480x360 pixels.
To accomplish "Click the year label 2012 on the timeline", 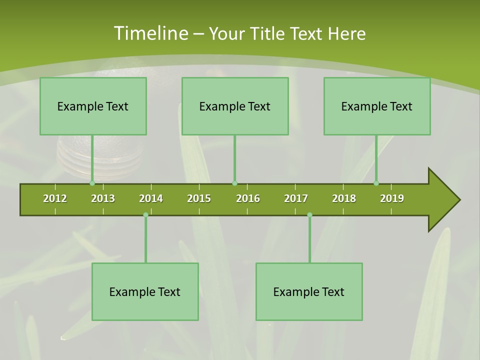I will coord(55,198).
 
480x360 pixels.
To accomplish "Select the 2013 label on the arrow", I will coord(103,198).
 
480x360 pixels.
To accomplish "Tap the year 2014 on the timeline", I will coord(151,198).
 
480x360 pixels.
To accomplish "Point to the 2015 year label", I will coord(199,198).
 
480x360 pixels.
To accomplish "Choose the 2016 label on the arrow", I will coord(248,198).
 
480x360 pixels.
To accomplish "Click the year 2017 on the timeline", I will coord(296,198).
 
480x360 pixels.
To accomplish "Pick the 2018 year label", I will coord(344,198).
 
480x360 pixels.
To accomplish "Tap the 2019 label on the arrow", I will coord(392,198).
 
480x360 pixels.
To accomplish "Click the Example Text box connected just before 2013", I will coord(93,106).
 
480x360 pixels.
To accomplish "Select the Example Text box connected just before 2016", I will coord(235,106).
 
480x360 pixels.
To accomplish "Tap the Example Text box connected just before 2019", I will coord(377,106).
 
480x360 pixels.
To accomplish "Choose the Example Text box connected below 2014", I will coord(145,291).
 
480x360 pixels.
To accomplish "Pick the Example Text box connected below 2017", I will coord(309,291).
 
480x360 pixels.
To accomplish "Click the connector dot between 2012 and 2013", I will coord(92,183).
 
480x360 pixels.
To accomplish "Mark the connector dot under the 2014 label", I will coord(145,214).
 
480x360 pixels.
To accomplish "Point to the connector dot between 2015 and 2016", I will coord(234,183).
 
